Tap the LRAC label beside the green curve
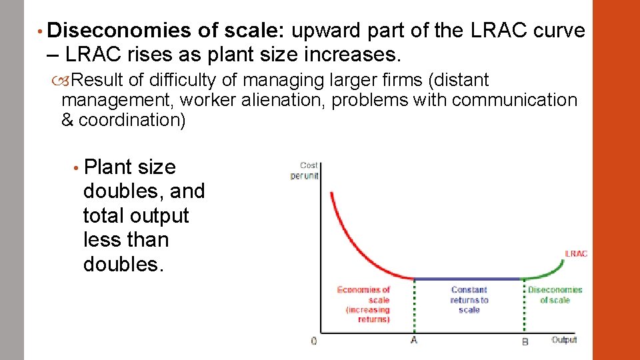[x=576, y=253]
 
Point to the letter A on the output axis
[x=414, y=341]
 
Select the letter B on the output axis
[x=525, y=341]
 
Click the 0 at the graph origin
[x=314, y=341]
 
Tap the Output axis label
[x=564, y=340]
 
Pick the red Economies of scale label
[x=363, y=304]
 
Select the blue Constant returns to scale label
[x=469, y=299]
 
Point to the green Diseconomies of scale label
[x=555, y=295]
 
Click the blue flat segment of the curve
[x=467, y=279]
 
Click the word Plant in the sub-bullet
[x=107, y=167]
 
